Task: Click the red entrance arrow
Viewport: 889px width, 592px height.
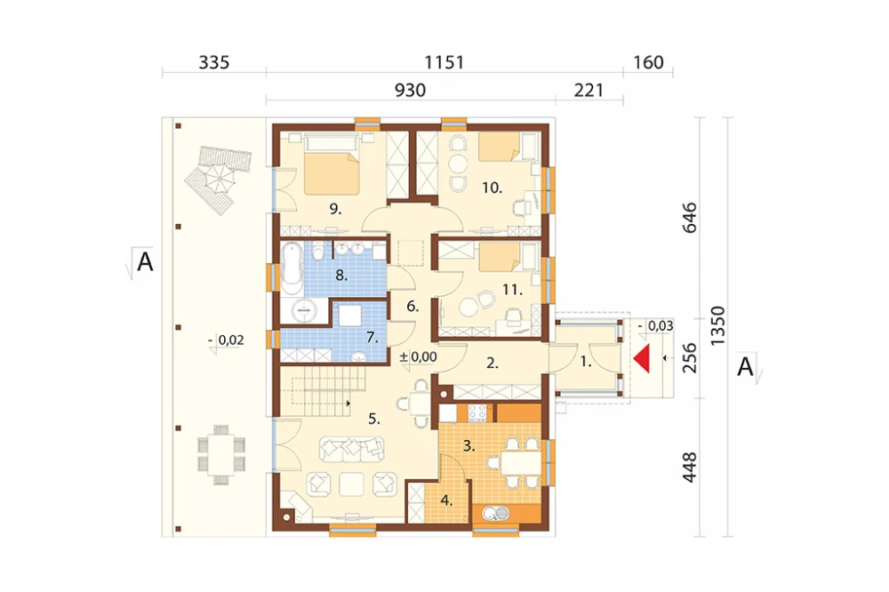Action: click(x=643, y=359)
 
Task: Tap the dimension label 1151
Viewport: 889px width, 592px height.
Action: click(x=444, y=62)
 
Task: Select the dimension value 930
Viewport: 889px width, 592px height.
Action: click(x=410, y=90)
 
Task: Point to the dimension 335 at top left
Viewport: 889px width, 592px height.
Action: click(x=213, y=62)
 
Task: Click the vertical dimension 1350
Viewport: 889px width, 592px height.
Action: click(x=717, y=325)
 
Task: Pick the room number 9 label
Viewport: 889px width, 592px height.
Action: click(x=335, y=209)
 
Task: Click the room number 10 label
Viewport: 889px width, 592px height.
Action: click(x=492, y=188)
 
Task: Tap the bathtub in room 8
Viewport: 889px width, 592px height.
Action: click(x=292, y=268)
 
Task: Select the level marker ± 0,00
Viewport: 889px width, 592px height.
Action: click(x=419, y=357)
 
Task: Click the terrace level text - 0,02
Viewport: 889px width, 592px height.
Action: click(x=227, y=340)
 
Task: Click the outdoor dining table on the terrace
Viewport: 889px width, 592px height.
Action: click(x=221, y=455)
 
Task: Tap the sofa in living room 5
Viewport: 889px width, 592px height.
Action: click(x=351, y=448)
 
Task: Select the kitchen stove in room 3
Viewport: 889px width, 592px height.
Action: click(x=477, y=412)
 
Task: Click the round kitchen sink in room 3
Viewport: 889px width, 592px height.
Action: click(x=490, y=514)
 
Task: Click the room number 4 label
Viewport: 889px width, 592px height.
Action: click(x=446, y=500)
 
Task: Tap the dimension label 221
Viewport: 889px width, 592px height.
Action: click(x=589, y=90)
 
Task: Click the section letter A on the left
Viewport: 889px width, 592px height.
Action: click(x=145, y=262)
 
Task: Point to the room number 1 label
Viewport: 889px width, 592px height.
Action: click(x=586, y=361)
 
